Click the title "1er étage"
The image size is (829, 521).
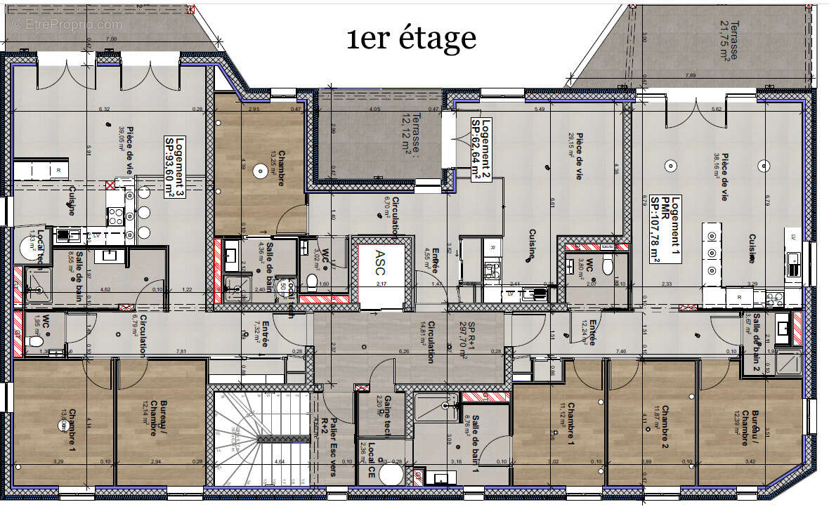411,38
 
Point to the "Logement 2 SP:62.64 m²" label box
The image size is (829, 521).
481,149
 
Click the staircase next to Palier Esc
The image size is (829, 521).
261,438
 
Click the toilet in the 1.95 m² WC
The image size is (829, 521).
34,342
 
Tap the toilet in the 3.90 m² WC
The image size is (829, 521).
608,265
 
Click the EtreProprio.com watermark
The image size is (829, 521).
67,24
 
